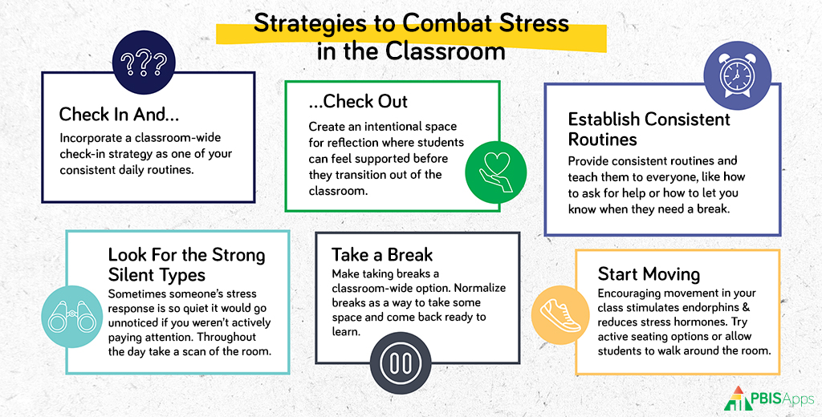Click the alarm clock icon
point(737,75)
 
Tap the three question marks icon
point(144,63)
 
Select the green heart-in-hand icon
point(495,172)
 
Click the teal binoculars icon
point(72,317)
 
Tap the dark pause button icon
point(401,362)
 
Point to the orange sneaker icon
point(560,315)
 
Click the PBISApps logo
point(769,399)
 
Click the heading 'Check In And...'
point(119,114)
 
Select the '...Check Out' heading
point(358,101)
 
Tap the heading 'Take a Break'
point(382,254)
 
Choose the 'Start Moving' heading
point(649,274)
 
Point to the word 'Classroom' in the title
point(445,51)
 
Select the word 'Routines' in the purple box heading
point(603,140)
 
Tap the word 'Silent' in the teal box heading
point(132,275)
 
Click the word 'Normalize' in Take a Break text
point(480,288)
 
